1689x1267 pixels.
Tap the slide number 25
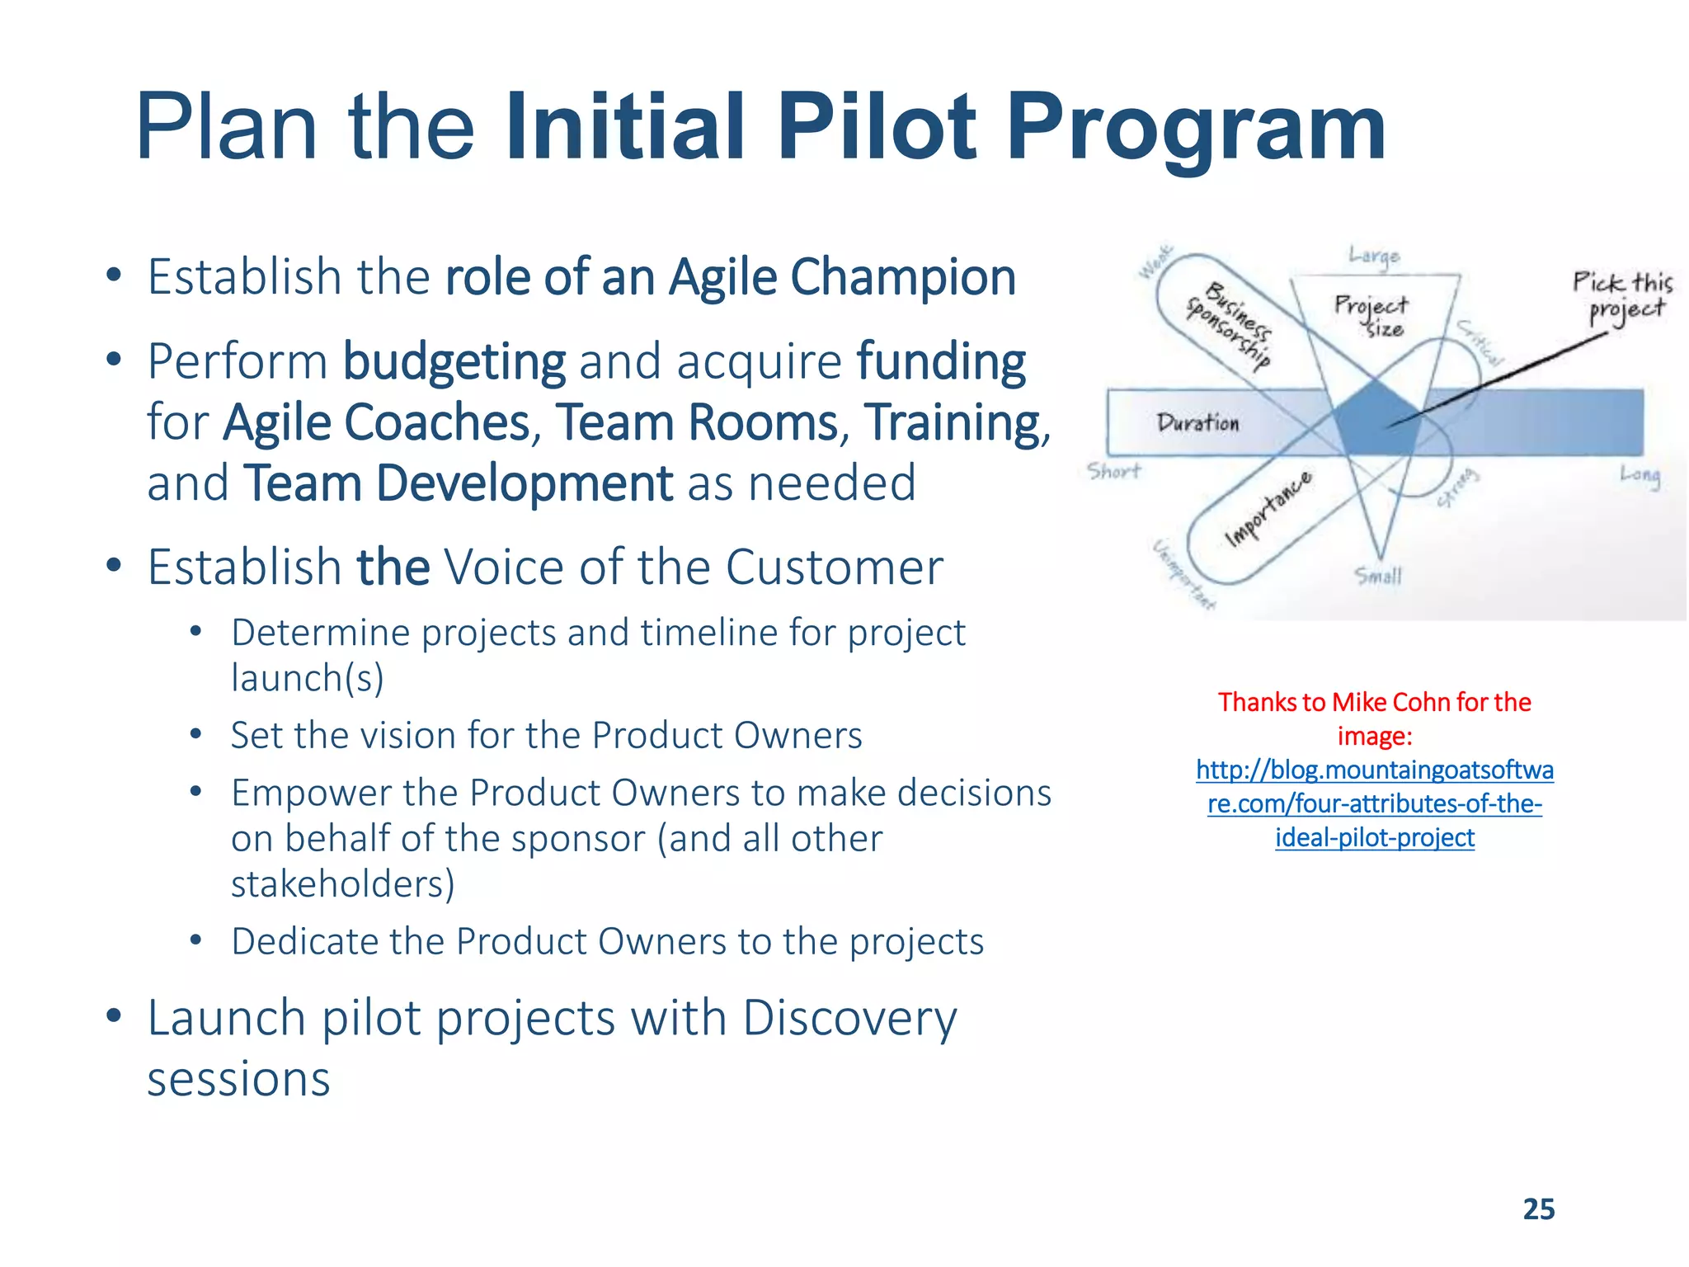click(1538, 1208)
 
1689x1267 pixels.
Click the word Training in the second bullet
click(953, 422)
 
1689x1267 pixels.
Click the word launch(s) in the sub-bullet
click(307, 678)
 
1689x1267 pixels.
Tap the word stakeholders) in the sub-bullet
click(342, 884)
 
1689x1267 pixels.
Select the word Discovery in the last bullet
click(849, 1018)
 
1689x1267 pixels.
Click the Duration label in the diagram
click(1197, 423)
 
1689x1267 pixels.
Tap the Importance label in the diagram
click(1268, 509)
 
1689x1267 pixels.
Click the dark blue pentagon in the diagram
click(1376, 421)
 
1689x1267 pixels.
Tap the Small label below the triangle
click(1378, 575)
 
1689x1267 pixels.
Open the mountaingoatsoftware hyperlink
click(1374, 803)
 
